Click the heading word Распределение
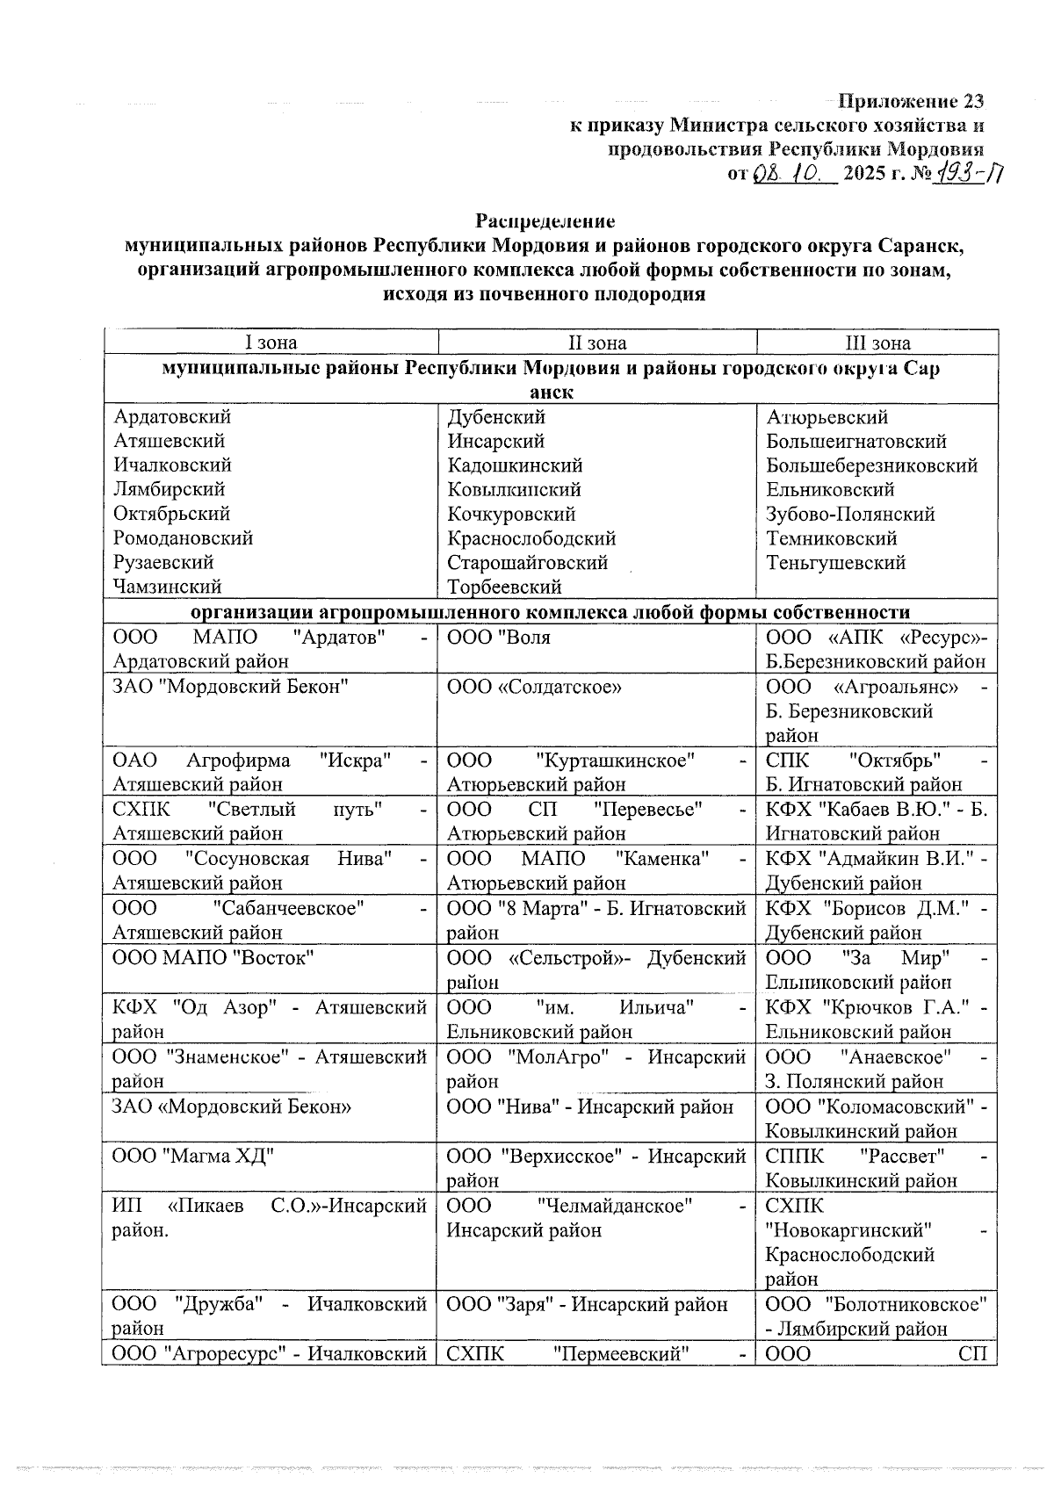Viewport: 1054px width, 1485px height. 545,220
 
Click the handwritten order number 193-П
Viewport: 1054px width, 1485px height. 971,173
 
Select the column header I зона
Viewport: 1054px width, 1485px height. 271,342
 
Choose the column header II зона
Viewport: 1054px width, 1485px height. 597,342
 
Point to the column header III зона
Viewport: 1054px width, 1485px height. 877,342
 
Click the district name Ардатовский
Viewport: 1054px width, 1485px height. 172,417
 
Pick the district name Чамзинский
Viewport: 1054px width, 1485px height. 167,586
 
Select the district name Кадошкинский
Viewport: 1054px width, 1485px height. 515,465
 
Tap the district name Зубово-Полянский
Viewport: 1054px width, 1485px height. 850,514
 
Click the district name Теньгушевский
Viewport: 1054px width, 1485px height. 835,562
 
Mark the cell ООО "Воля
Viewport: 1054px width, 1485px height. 499,638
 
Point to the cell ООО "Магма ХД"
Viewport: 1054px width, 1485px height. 193,1156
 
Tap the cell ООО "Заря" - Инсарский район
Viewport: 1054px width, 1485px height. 588,1304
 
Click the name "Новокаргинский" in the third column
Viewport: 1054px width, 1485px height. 848,1229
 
